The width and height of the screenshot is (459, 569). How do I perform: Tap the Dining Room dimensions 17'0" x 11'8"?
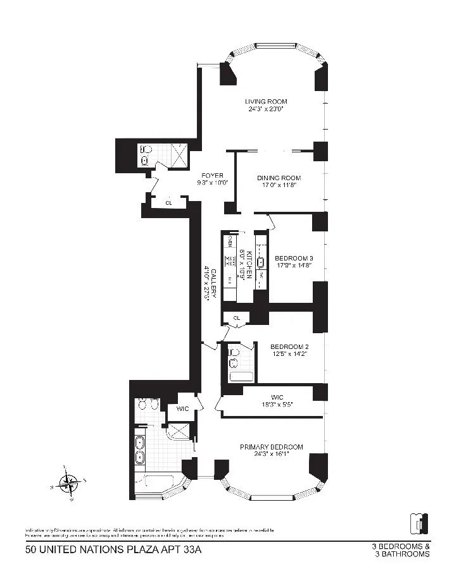point(270,186)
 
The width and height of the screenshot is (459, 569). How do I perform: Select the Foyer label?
point(212,175)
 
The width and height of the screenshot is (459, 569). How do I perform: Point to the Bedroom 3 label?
point(294,258)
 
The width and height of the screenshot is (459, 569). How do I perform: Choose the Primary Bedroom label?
point(271,447)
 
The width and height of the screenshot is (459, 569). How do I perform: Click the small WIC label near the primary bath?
point(182,408)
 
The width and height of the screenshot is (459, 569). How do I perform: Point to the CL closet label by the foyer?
point(168,203)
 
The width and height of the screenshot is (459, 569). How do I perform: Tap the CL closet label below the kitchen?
point(236,317)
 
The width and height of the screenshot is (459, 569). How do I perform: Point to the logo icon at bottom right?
point(419,522)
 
